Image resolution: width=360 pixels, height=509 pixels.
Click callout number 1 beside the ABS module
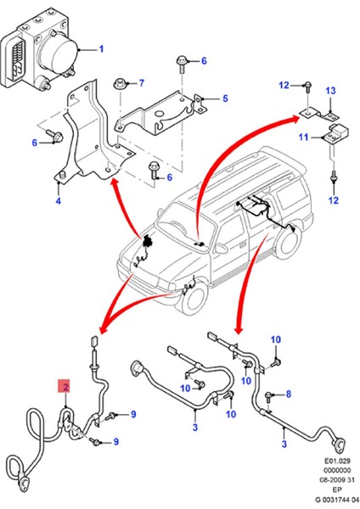100,49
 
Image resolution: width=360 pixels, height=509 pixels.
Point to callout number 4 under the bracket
58,201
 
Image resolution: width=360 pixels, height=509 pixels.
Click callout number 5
225,98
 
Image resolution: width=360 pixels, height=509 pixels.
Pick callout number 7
142,82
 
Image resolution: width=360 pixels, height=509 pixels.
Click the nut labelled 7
123,83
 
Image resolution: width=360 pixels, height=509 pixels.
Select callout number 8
287,394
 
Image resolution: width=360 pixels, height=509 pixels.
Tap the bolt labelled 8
268,395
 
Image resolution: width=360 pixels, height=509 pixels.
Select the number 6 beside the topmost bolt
204,61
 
